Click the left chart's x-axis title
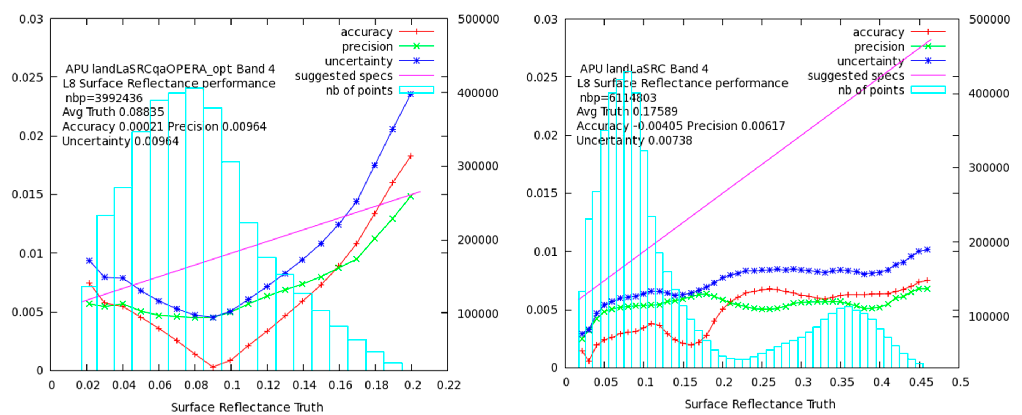247,407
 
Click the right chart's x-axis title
759,404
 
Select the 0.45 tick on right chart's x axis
921,383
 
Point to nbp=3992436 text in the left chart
104,98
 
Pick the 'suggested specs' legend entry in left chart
344,76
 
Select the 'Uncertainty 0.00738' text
634,140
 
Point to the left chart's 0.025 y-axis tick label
27,77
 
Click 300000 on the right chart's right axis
989,168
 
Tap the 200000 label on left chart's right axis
478,240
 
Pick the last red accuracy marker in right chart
927,280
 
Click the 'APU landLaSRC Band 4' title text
643,69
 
